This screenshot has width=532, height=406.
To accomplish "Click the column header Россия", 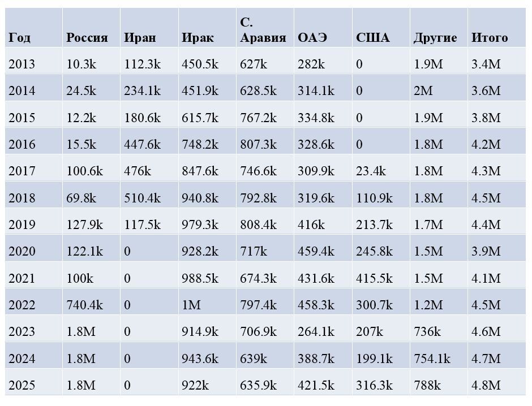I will coord(87,38).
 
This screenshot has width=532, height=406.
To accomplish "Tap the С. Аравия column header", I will coord(263,31).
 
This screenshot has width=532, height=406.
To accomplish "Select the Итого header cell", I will coord(489,38).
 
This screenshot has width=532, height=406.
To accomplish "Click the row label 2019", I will coord(22,225).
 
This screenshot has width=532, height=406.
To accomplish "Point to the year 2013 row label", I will coord(22,64).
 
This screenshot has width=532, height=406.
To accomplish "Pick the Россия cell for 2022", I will coord(84,305).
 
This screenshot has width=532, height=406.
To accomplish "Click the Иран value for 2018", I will coord(142,198).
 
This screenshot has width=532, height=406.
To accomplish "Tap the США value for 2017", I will coord(371,171).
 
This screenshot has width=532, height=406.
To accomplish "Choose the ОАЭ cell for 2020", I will coord(316,252).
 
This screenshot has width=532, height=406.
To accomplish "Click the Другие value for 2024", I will coord(432,359).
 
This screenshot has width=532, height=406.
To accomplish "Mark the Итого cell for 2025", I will coord(486,386).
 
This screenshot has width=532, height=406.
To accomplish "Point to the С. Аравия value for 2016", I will coord(258,145).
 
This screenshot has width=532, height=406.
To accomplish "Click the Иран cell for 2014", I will coord(142,91).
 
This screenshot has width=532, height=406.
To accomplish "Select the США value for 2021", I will coord(374,279).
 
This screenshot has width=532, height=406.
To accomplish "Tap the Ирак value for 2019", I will coord(200,225).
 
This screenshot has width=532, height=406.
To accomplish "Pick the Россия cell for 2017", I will coord(84,171).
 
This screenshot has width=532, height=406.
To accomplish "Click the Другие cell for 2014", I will coord(423,91).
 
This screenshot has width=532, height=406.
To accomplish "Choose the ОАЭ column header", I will coord(312,38).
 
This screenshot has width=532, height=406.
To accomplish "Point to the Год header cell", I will coord(19,38).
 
